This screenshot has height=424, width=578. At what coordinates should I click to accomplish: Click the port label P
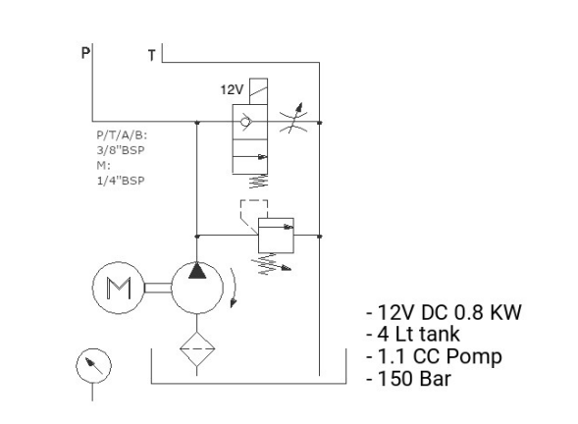(x=85, y=53)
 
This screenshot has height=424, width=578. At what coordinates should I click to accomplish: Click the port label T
(x=151, y=55)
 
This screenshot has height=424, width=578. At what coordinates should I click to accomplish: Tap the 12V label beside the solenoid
(x=232, y=89)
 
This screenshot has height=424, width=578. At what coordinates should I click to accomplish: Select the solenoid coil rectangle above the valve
(x=258, y=91)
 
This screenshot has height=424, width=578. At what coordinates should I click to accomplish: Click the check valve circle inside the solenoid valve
(x=244, y=122)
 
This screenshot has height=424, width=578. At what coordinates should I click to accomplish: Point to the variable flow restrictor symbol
(x=293, y=118)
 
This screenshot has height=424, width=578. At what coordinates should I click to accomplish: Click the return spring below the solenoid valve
(x=258, y=182)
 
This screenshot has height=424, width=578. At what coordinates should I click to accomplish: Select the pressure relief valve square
(x=276, y=236)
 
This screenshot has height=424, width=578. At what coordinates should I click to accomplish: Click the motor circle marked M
(x=119, y=288)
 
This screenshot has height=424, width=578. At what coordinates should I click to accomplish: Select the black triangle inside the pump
(x=197, y=270)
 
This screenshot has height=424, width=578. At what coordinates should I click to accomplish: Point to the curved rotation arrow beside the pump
(x=235, y=288)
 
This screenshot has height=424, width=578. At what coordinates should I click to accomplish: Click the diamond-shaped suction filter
(x=197, y=348)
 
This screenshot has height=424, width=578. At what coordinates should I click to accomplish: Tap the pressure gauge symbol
(x=93, y=366)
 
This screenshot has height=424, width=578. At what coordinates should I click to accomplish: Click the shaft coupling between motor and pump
(x=158, y=288)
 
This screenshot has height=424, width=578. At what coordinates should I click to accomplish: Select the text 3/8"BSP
(x=121, y=150)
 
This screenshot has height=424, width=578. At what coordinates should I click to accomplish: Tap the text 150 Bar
(x=414, y=379)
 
